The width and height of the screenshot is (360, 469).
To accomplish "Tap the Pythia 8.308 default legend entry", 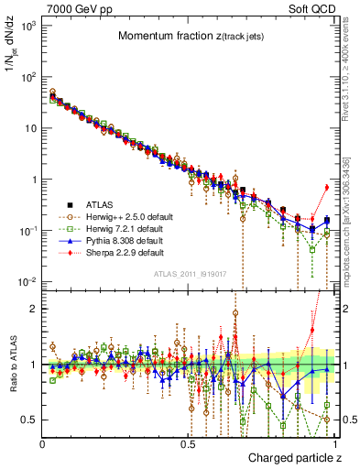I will [x=115, y=239].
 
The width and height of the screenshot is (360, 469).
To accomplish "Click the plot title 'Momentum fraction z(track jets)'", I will [x=188, y=37].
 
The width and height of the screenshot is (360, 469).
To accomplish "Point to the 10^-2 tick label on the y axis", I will [x=27, y=281].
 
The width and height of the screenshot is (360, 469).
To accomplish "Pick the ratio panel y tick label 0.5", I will [x=30, y=420].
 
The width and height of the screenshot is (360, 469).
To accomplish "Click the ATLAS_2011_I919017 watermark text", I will [x=188, y=272].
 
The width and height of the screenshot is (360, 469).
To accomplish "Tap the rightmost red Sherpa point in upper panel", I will [x=327, y=188].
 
